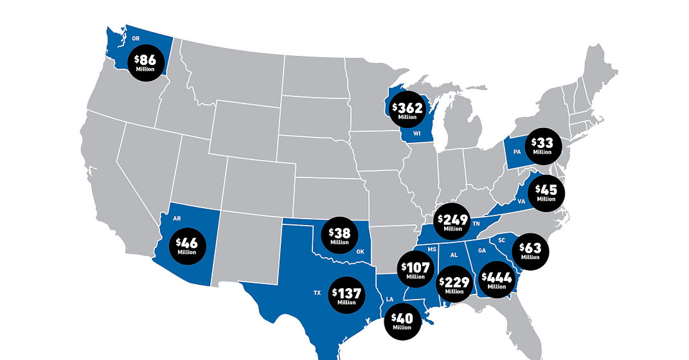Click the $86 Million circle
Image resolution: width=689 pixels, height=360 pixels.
pyautogui.click(x=147, y=62)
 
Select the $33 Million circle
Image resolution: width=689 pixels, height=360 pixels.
pyautogui.click(x=542, y=146)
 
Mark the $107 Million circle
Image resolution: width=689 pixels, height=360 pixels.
pyautogui.click(x=415, y=270)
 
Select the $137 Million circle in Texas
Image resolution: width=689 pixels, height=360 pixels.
pyautogui.click(x=346, y=296)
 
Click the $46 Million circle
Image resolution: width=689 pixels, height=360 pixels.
pyautogui.click(x=188, y=246)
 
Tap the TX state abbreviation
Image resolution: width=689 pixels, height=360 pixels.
pyautogui.click(x=317, y=292)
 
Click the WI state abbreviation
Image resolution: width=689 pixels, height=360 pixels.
pyautogui.click(x=416, y=134)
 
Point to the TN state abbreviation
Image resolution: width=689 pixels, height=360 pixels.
pyautogui.click(x=476, y=224)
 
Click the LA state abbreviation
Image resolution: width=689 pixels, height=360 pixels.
pyautogui.click(x=389, y=300)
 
